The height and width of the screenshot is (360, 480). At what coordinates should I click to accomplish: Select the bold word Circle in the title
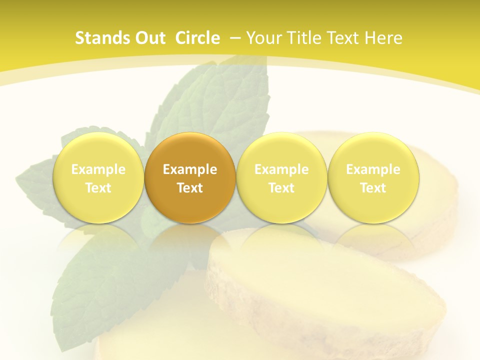pos(197,38)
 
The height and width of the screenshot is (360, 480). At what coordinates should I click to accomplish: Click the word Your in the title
pos(263,38)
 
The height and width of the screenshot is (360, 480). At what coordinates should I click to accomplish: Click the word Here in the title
pos(383,38)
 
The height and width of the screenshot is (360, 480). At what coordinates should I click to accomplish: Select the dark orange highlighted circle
pos(190,177)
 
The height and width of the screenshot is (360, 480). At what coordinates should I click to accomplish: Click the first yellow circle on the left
pos(98,177)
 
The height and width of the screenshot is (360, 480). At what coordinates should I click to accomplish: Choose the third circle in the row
pos(281,177)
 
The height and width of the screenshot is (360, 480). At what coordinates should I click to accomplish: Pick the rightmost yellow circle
pos(373,177)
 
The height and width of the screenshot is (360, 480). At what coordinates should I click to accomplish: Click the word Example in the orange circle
pos(190,169)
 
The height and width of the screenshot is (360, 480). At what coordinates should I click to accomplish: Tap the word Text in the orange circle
pos(190,188)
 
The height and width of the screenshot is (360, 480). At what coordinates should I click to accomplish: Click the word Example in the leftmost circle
pos(98,169)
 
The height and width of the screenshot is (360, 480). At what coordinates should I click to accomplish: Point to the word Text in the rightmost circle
pos(373,188)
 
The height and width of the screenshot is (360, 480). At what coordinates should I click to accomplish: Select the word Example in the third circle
pos(281,169)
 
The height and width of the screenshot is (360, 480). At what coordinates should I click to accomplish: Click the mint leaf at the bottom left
pos(100,280)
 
